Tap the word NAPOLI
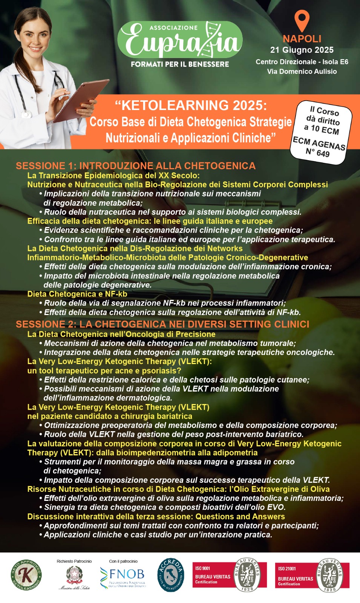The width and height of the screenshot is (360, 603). [x=302, y=39]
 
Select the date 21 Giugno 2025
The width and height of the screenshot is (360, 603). [x=302, y=50]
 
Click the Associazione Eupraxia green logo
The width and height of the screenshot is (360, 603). [x=180, y=40]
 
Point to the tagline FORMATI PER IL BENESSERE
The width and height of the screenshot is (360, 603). [x=180, y=64]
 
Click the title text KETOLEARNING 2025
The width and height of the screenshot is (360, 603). [x=191, y=106]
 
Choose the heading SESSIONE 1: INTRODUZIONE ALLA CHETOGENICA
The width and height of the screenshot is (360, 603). [x=136, y=166]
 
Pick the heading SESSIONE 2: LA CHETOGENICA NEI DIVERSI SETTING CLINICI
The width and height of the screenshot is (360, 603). [x=162, y=324]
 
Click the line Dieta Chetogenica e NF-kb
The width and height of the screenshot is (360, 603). [x=77, y=294]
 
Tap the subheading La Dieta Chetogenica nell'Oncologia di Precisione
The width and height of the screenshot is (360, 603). [x=121, y=334]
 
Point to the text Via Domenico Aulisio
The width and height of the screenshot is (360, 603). [x=302, y=71]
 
